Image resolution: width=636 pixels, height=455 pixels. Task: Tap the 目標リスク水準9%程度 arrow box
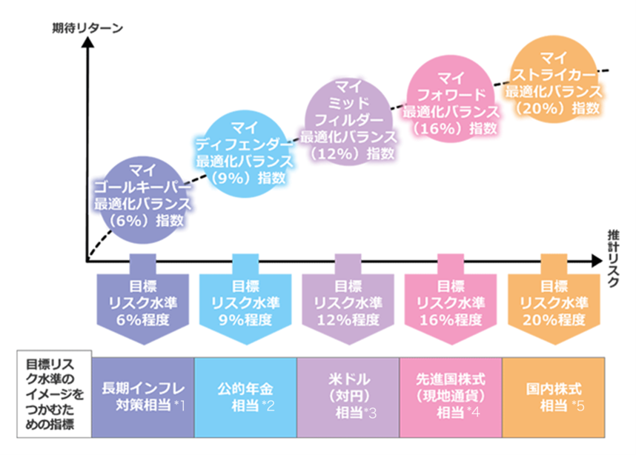[x=245, y=304]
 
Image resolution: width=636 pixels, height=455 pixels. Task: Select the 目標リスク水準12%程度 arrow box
[x=348, y=304]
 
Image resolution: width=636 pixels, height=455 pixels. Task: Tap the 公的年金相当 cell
[x=245, y=396]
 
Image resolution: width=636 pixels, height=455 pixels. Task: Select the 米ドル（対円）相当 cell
[x=348, y=396]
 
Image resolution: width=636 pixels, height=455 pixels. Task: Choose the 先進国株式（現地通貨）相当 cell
[x=451, y=396]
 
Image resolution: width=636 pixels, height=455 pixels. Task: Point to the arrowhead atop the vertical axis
[x=87, y=41]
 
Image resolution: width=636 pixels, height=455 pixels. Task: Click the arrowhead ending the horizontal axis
[x=599, y=261]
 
